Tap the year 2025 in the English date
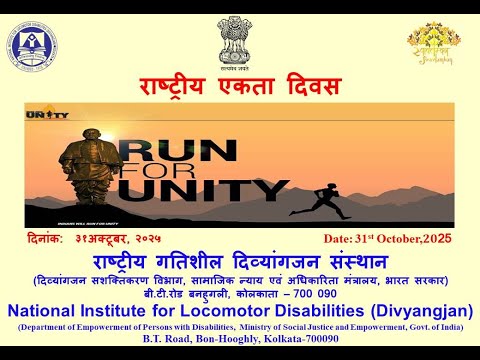[436, 239]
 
